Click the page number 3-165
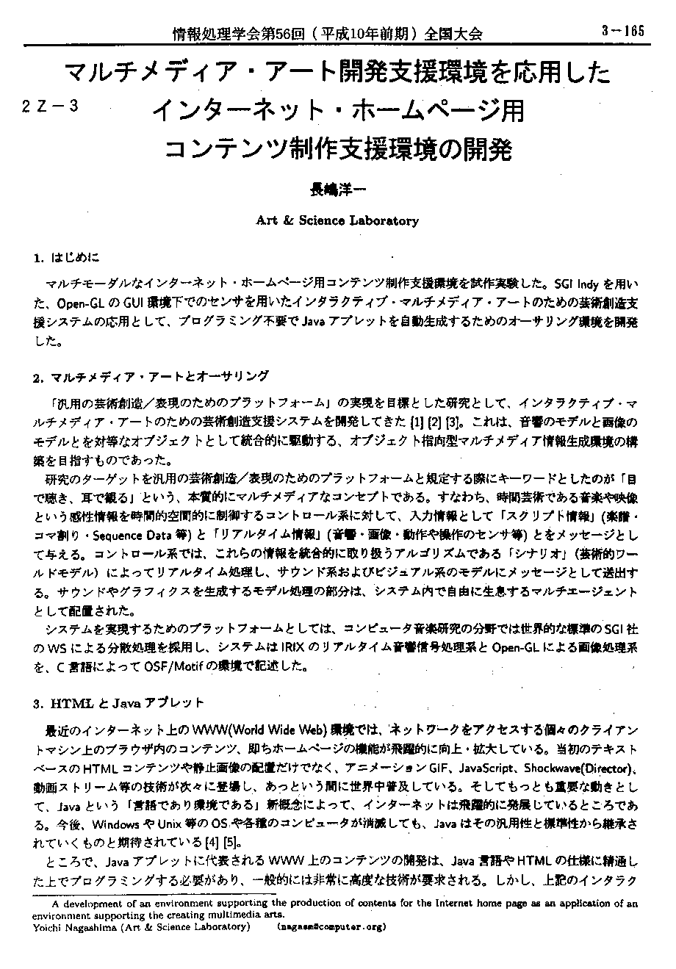pos(622,31)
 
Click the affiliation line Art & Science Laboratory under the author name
pos(337,220)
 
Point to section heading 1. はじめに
pos(66,258)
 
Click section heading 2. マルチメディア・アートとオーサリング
pos(151,377)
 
